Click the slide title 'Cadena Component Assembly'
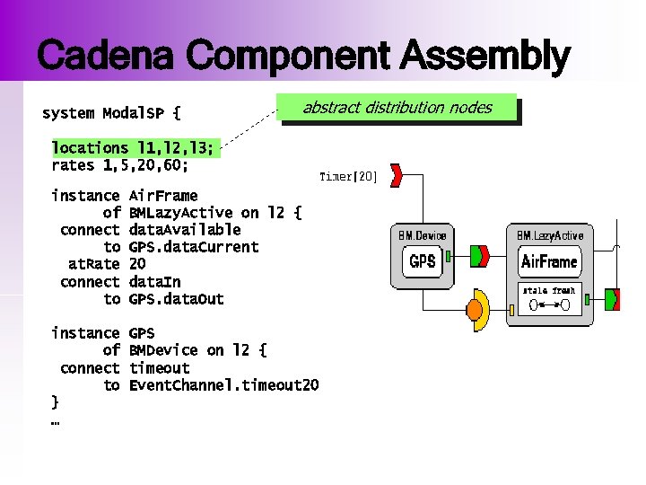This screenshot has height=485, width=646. [x=303, y=56]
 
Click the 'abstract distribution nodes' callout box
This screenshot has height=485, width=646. [x=397, y=108]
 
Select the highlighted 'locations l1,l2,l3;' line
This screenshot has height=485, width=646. [x=132, y=147]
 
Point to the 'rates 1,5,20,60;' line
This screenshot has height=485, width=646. [x=119, y=165]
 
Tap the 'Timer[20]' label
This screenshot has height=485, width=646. [x=348, y=177]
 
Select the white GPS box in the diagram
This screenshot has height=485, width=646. [x=422, y=262]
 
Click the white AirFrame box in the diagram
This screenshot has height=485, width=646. [x=549, y=262]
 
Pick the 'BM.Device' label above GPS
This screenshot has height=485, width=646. [x=422, y=235]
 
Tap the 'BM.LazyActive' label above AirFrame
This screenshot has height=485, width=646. [x=549, y=235]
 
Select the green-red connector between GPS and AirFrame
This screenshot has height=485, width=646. [x=481, y=257]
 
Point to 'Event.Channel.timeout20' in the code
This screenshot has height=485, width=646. [x=223, y=385]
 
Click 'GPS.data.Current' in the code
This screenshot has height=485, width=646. [x=194, y=247]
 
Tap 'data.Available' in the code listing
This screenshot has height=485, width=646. [x=185, y=230]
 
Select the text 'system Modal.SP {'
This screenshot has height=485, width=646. [x=111, y=114]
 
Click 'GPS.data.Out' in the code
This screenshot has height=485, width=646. [x=176, y=299]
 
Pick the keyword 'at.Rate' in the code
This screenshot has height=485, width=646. [x=93, y=264]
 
